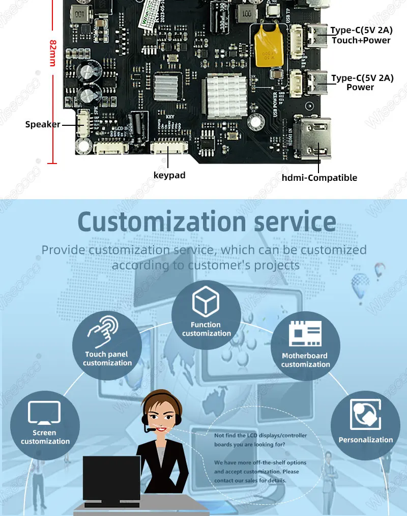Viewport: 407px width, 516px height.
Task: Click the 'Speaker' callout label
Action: click(x=43, y=124)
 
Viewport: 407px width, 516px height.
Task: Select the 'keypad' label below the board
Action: click(x=169, y=175)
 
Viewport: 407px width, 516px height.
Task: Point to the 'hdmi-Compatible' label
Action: click(x=319, y=178)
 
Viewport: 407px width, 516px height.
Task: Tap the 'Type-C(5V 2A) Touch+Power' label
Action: click(x=361, y=35)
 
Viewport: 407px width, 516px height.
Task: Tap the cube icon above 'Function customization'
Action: click(x=206, y=302)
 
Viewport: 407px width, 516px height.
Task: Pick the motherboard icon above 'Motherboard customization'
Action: click(x=305, y=334)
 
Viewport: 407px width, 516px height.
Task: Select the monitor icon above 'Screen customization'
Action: click(x=44, y=413)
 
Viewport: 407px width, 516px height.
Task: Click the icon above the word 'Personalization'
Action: click(x=365, y=415)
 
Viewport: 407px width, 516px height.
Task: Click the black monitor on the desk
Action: click(x=112, y=475)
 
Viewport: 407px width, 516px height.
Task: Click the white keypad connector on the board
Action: click(x=169, y=148)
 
